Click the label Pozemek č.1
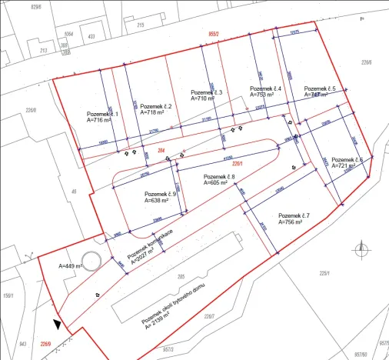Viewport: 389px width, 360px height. coord(102,115)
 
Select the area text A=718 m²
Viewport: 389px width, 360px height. coord(154,112)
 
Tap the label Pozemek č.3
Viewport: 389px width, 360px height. coord(205,92)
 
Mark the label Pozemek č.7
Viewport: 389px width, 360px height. coord(294,215)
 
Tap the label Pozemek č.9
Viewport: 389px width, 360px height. coord(160,195)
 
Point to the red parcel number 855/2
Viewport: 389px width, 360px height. coord(218,35)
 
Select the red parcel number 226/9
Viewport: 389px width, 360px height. coord(46,344)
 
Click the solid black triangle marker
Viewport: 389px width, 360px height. coord(56,325)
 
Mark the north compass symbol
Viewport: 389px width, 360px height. coord(362,248)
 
